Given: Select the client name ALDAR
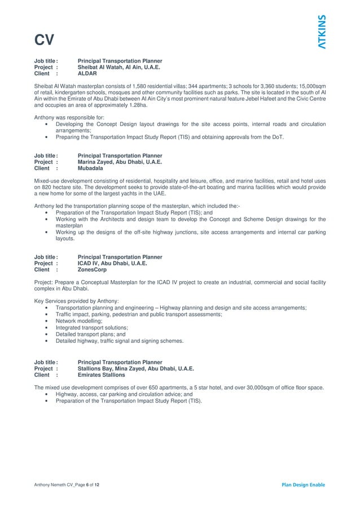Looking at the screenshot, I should (x=87, y=73).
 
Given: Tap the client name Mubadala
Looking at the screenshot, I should (x=90, y=168).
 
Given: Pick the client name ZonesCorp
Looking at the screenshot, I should (x=92, y=270).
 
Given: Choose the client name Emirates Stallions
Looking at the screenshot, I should (x=101, y=375).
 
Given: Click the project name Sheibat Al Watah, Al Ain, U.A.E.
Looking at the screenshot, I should (x=118, y=67).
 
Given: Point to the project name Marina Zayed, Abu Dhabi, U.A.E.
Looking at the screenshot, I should (x=120, y=162).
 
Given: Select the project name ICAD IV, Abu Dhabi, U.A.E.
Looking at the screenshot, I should (x=112, y=264).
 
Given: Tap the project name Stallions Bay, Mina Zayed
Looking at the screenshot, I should (x=135, y=369).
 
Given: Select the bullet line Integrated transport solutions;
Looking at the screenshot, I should (x=91, y=328).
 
